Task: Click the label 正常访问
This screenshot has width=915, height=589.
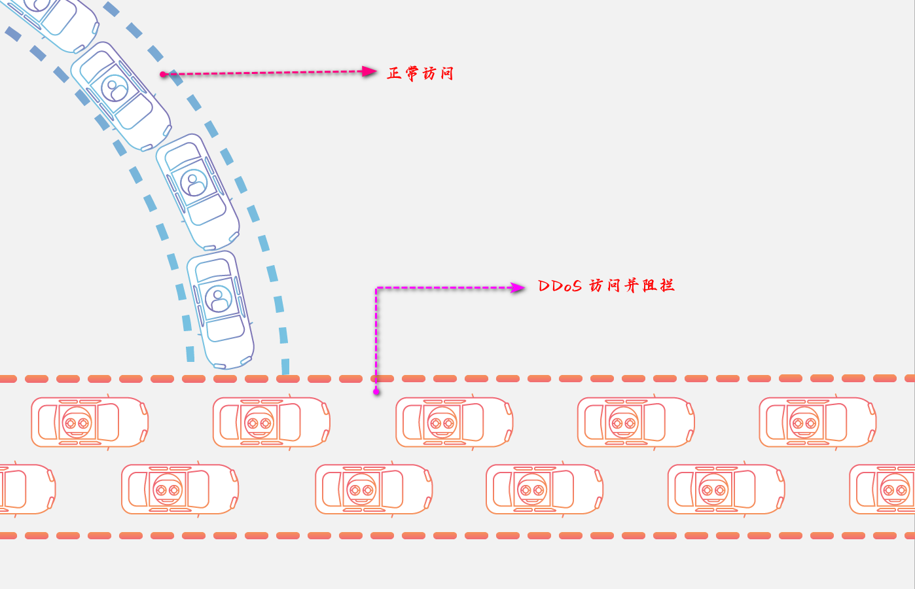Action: pos(420,73)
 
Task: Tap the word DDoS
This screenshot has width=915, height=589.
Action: pos(560,286)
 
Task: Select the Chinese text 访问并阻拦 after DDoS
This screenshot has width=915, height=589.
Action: pos(632,285)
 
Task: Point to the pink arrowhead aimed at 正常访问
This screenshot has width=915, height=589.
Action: pos(370,71)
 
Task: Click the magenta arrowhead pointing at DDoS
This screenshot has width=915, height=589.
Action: pos(518,287)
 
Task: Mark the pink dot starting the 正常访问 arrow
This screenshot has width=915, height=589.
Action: pos(163,74)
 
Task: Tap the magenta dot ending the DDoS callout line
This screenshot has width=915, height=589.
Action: pos(376,391)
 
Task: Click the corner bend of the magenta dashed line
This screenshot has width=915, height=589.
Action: pos(376,288)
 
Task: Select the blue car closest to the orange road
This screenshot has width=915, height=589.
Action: pos(221,309)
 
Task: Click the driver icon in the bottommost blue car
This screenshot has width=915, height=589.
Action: pos(219,299)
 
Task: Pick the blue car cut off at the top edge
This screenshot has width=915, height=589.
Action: pos(56,20)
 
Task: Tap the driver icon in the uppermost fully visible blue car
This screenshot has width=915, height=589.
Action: pos(115,88)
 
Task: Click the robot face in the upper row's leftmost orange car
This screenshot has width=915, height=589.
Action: pos(77,423)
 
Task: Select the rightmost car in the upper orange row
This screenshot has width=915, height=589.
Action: pos(817,422)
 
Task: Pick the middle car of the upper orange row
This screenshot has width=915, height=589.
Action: pos(454,422)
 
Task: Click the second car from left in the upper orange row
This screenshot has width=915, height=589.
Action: pos(271,422)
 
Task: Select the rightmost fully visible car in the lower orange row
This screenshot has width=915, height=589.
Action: pos(726,489)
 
